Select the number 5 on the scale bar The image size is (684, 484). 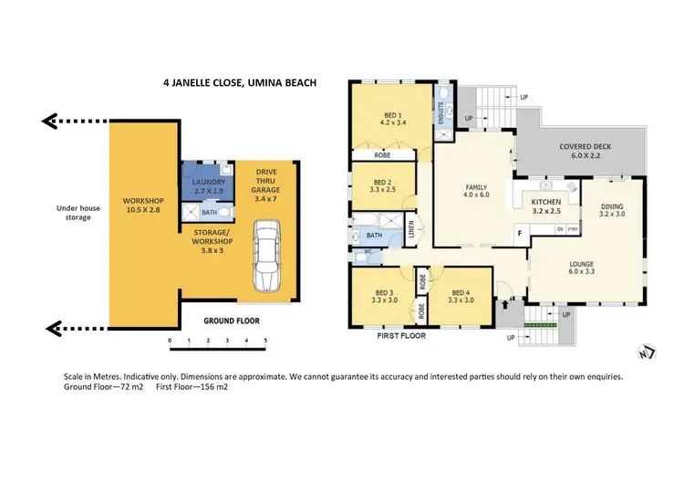265,341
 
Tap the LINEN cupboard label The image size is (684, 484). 411,233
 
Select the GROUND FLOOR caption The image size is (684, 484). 232,321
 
